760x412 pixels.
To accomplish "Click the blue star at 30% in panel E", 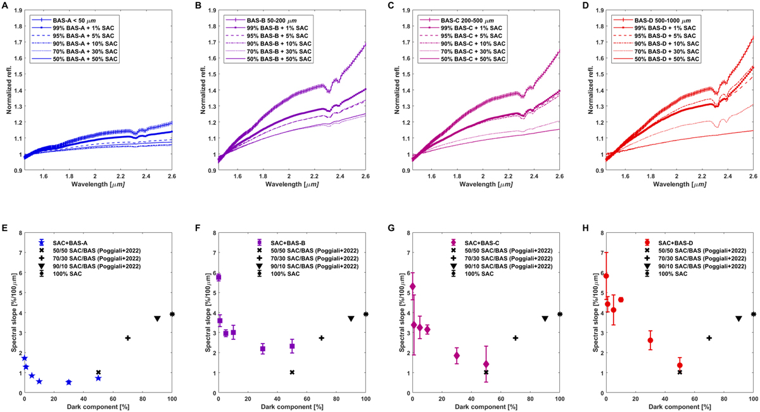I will click(68, 382).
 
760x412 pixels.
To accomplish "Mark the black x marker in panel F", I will click(292, 372).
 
